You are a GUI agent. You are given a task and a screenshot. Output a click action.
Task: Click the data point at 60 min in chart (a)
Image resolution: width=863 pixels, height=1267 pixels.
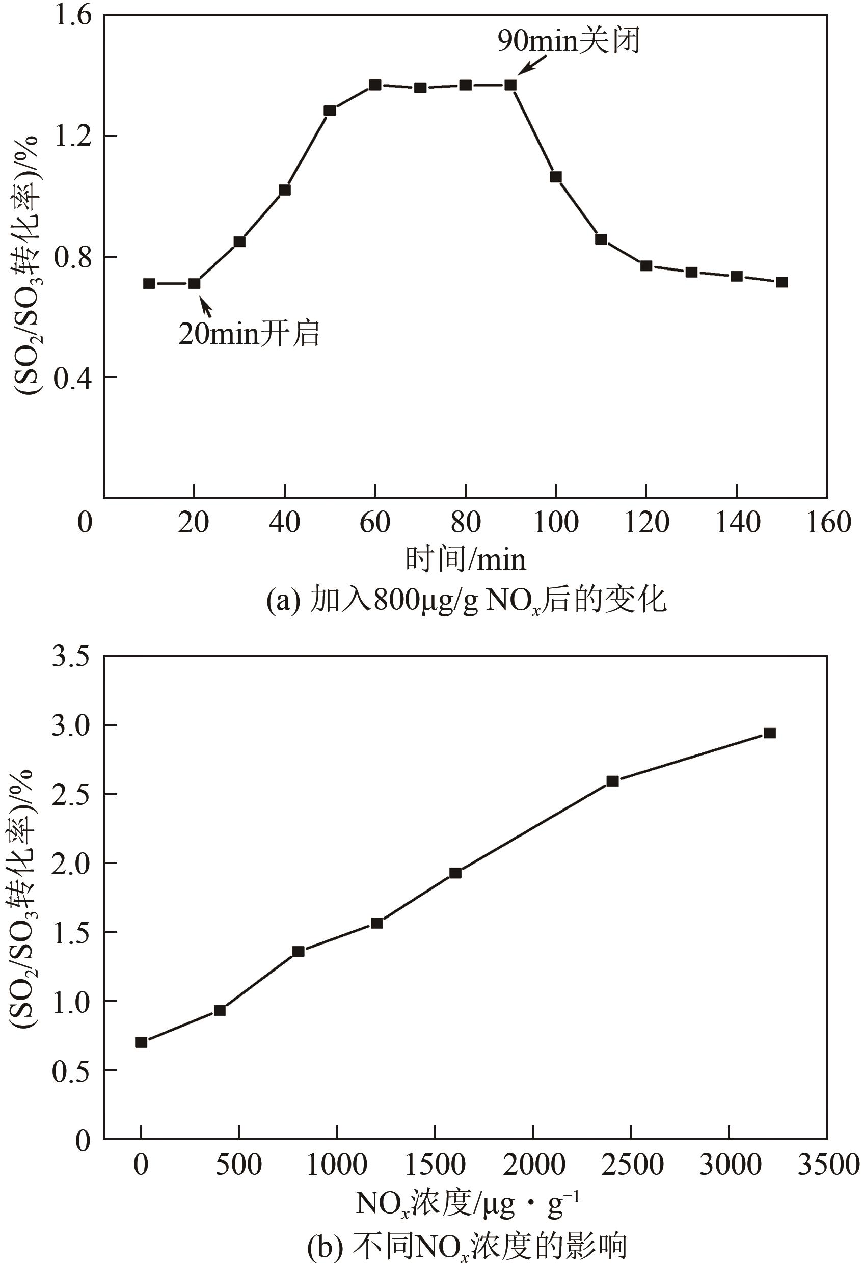(x=374, y=85)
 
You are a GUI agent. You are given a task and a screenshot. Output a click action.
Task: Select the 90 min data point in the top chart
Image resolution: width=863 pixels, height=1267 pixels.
(x=510, y=85)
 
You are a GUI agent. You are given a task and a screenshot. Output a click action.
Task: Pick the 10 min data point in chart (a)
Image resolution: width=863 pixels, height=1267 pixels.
(x=149, y=283)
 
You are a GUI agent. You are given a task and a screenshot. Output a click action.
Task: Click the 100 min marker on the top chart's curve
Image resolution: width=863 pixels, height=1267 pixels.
(x=555, y=177)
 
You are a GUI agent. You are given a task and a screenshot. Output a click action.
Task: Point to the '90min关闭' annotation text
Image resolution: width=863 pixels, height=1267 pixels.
(x=568, y=41)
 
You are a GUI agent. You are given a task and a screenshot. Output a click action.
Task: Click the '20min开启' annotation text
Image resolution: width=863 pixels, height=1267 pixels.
(x=249, y=333)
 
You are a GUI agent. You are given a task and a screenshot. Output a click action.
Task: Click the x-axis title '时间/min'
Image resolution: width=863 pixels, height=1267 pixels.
(x=465, y=559)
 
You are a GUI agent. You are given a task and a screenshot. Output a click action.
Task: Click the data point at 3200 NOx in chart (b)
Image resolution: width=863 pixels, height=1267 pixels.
(x=769, y=733)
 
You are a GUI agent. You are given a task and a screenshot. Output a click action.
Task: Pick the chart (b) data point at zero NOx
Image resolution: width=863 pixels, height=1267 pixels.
(x=141, y=1042)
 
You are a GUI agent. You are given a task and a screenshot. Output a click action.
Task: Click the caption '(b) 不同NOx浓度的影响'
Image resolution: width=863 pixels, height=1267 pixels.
(x=467, y=1244)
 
